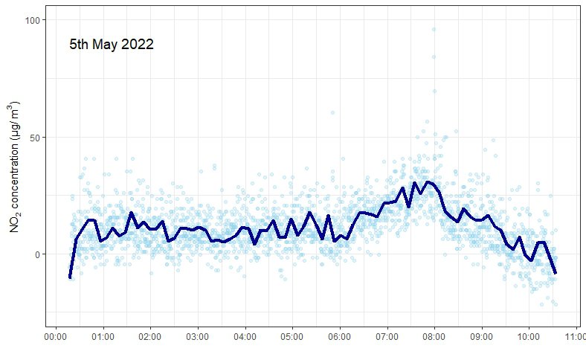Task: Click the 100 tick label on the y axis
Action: [x=33, y=20]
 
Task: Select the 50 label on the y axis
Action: [x=35, y=137]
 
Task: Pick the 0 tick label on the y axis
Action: [x=37, y=254]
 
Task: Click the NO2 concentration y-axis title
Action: [x=14, y=169]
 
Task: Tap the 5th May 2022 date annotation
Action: [x=112, y=44]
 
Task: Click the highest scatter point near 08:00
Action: [x=434, y=30]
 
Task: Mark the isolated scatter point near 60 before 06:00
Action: [x=332, y=112]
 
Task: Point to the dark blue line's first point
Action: [x=70, y=277]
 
